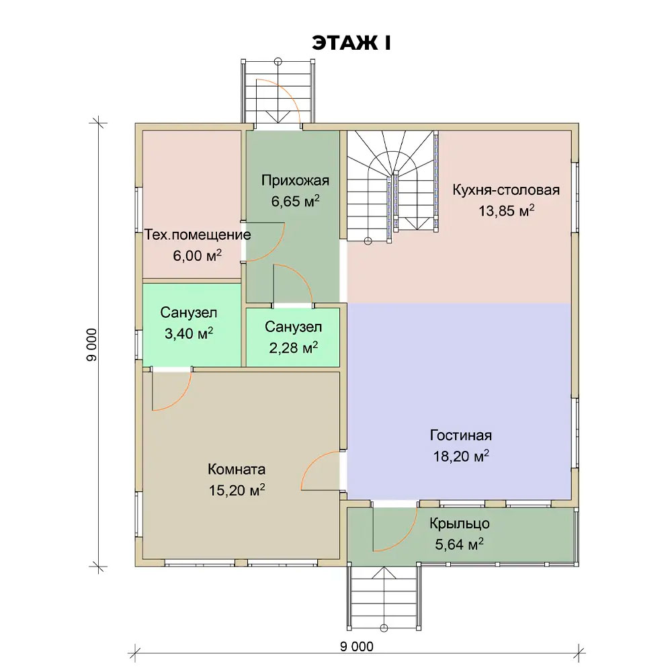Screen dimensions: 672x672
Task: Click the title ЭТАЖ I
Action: [351, 43]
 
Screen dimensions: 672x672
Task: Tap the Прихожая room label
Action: [295, 180]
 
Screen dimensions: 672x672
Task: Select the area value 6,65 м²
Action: [295, 201]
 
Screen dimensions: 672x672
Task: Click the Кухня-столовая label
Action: [506, 190]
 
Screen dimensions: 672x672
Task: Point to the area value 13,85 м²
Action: [506, 210]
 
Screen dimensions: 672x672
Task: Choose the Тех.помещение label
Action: [198, 235]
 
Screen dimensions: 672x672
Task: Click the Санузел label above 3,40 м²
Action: [189, 312]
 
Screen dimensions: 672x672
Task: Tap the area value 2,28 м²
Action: [293, 347]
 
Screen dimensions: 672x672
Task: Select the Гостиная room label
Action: [461, 435]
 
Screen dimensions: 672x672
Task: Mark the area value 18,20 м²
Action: [461, 456]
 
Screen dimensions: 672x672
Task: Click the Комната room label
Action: [237, 469]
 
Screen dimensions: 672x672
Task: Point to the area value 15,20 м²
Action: [237, 490]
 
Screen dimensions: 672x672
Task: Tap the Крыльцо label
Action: [460, 523]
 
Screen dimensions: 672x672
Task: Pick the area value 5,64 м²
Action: [460, 544]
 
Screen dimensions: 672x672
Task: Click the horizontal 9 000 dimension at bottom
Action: [357, 646]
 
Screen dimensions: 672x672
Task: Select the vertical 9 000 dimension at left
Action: [91, 345]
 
